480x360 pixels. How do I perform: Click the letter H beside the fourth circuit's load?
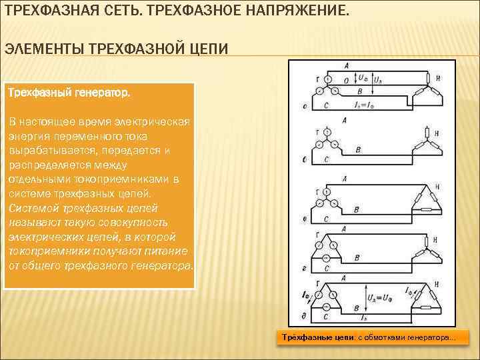pos(435,239)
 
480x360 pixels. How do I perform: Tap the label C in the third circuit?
pos(325,219)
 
